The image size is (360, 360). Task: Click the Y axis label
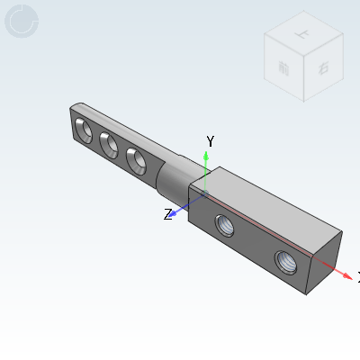point(210,141)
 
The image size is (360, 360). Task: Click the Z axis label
point(167,214)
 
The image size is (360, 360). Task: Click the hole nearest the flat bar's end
point(83,130)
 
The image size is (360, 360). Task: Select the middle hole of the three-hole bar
point(110,145)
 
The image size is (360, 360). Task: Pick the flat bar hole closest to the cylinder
point(138,160)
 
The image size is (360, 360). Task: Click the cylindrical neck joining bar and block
point(171,179)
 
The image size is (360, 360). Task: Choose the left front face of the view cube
point(284,69)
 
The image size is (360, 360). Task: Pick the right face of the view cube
point(321,67)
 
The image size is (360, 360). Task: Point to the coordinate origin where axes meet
point(205,193)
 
